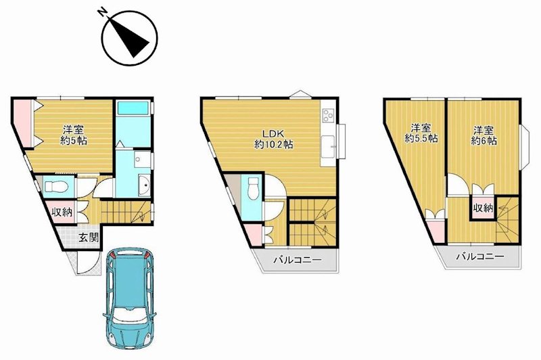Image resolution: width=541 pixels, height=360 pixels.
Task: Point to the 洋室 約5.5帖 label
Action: point(421,133)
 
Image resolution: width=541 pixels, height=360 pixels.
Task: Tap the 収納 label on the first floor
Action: point(62,212)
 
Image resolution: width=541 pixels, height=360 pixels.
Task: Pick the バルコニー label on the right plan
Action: point(478,257)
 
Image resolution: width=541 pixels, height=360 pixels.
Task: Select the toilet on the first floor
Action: point(54,185)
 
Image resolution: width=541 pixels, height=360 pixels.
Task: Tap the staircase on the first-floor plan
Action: point(126,213)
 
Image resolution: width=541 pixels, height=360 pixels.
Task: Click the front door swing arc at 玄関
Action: point(85,264)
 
